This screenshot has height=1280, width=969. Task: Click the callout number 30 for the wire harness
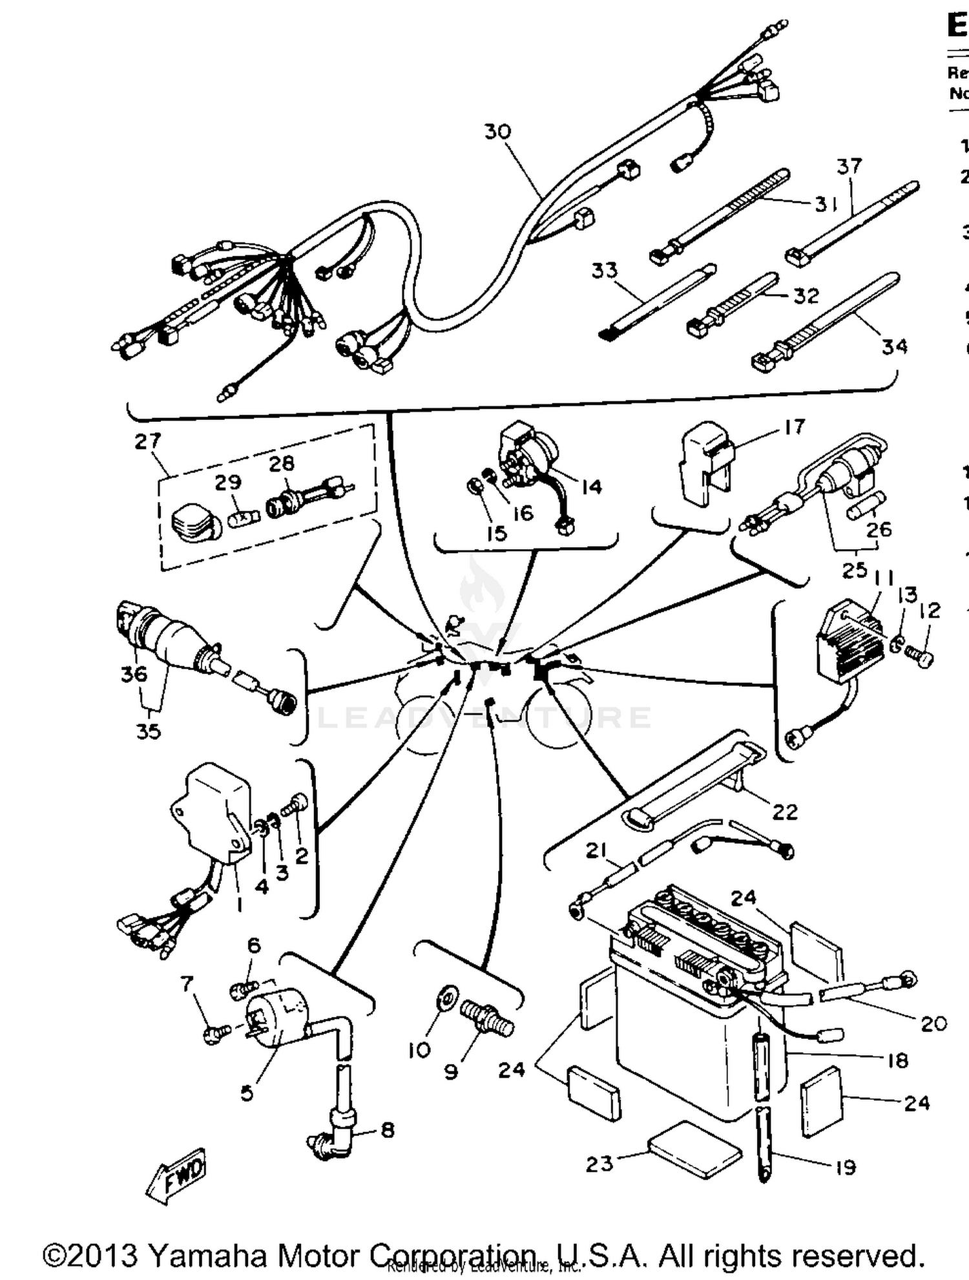[x=497, y=132]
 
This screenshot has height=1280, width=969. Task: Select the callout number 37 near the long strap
[x=849, y=167]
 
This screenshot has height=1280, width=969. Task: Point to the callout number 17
[x=795, y=426]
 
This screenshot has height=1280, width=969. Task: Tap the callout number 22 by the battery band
[x=785, y=812]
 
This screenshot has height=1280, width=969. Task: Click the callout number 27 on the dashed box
[x=147, y=441]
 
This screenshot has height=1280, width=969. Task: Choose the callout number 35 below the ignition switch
[x=148, y=731]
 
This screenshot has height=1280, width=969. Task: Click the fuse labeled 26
[x=866, y=505]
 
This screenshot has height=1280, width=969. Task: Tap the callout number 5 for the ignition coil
[x=247, y=1093]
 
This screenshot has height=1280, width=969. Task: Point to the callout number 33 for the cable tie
[x=605, y=270]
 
